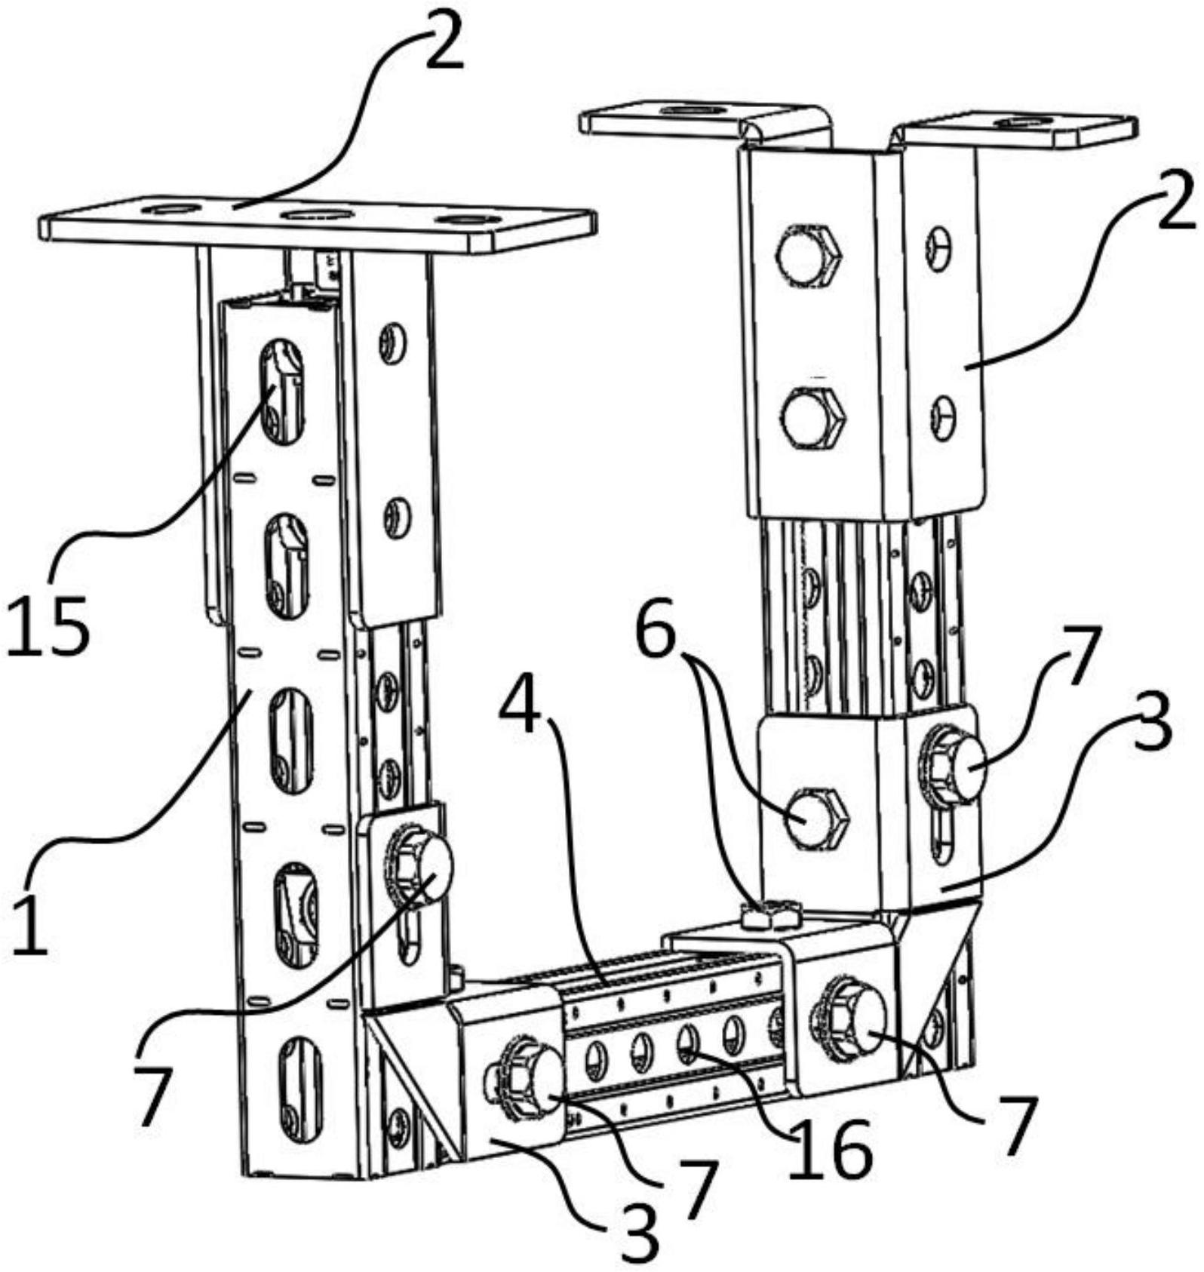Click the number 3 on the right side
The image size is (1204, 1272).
coord(1150,722)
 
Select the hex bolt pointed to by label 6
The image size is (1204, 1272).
coord(817,817)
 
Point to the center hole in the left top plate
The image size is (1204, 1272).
coord(317,215)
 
